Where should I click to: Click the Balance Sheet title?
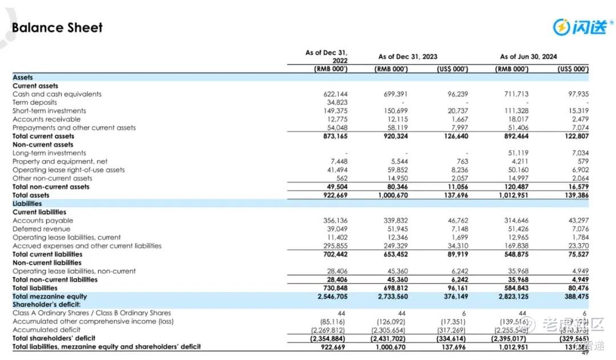57,27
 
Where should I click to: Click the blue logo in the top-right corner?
581,26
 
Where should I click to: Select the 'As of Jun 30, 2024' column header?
528,56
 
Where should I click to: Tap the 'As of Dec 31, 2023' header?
408,56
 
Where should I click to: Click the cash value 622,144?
336,94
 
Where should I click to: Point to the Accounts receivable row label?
46,119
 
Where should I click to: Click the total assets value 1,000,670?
394,195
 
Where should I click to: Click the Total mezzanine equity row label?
50,297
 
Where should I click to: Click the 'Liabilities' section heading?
27,204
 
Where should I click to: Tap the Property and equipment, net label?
60,161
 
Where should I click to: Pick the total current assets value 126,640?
455,136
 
